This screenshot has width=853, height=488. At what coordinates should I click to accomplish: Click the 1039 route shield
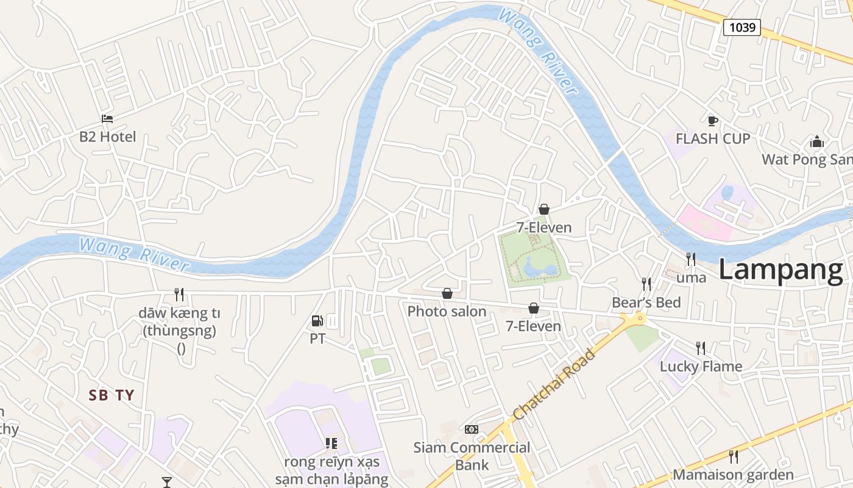pyautogui.click(x=742, y=27)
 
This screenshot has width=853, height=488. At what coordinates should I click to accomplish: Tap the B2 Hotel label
pyautogui.click(x=108, y=137)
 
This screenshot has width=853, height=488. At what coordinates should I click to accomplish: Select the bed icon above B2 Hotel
pyautogui.click(x=107, y=118)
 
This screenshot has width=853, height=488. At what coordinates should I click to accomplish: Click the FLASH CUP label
pyautogui.click(x=712, y=139)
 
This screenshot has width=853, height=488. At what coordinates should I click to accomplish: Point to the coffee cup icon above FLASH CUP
pyautogui.click(x=712, y=121)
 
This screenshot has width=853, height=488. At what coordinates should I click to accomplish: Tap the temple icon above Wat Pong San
pyautogui.click(x=817, y=142)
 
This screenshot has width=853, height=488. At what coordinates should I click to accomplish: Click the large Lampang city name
pyautogui.click(x=780, y=270)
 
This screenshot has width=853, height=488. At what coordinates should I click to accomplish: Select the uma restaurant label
pyautogui.click(x=692, y=278)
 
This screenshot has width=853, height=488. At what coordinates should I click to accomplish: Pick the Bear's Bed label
pyautogui.click(x=646, y=303)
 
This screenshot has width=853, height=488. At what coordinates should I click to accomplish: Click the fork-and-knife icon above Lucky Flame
pyautogui.click(x=701, y=348)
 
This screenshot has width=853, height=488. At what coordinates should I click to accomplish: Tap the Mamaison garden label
pyautogui.click(x=733, y=475)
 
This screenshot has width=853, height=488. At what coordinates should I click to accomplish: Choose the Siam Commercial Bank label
pyautogui.click(x=472, y=456)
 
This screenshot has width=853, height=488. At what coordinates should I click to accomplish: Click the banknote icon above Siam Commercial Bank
pyautogui.click(x=472, y=429)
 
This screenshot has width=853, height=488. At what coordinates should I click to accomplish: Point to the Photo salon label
pyautogui.click(x=447, y=312)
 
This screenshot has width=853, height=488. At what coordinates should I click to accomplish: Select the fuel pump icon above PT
pyautogui.click(x=317, y=320)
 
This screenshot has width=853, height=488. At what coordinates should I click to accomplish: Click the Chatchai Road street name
pyautogui.click(x=554, y=384)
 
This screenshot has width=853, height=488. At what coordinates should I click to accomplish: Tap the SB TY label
pyautogui.click(x=111, y=395)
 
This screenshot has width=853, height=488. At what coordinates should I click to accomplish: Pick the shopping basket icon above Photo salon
pyautogui.click(x=447, y=293)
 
